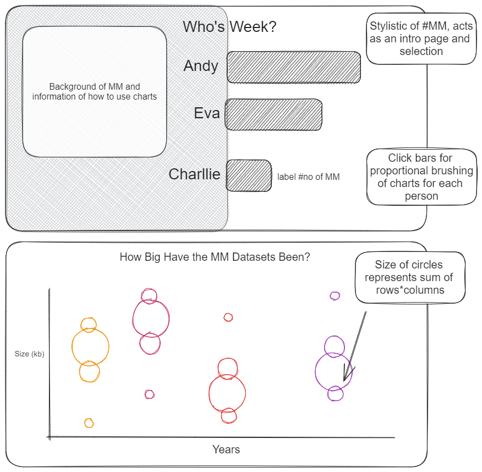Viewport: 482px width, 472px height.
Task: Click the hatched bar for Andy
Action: tap(294, 67)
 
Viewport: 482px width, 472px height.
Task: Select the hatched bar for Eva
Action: tap(273, 114)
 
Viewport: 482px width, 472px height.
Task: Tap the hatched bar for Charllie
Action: tap(249, 175)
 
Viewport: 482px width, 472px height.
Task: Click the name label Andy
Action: tap(201, 66)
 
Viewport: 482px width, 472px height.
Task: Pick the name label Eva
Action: tap(207, 113)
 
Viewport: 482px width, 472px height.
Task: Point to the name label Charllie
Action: tap(194, 174)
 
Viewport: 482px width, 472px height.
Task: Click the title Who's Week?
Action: tap(229, 26)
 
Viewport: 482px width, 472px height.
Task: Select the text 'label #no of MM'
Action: tap(308, 177)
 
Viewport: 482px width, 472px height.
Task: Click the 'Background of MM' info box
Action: tap(95, 92)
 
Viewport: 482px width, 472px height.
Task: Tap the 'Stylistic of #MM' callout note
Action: tap(421, 39)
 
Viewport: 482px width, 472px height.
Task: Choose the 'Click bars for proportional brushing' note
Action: tap(421, 177)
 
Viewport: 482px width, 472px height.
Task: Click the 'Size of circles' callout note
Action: tap(409, 277)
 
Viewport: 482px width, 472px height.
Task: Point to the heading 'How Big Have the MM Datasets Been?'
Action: tap(215, 257)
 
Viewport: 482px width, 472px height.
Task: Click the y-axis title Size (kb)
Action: tap(29, 354)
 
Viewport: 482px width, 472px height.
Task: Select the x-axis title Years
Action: tap(226, 449)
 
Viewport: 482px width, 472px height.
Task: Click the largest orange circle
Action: tap(90, 347)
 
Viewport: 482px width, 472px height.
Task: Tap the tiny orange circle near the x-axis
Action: tap(89, 423)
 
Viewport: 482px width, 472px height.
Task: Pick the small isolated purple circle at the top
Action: tap(335, 296)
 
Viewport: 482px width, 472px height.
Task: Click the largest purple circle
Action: tap(333, 371)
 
